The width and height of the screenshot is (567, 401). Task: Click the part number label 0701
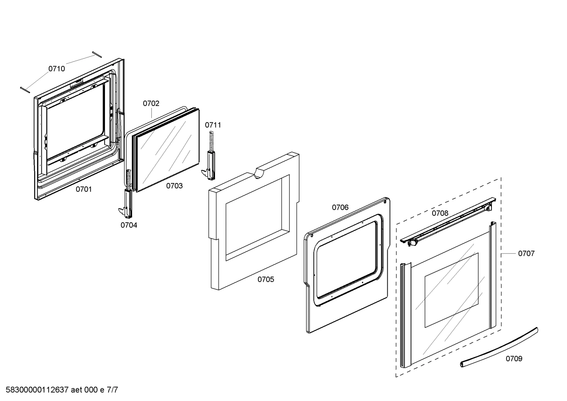tap(84, 189)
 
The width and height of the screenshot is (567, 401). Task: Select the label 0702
tap(151, 103)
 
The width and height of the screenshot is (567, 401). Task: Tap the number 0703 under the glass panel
tap(174, 186)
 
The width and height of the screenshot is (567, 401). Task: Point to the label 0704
tap(129, 225)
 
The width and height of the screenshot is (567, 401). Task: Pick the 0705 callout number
tap(266, 279)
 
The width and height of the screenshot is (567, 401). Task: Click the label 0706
tap(340, 207)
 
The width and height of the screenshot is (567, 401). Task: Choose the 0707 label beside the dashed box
tap(526, 253)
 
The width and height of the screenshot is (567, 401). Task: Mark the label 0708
tap(440, 213)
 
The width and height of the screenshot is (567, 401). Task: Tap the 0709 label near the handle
tap(514, 358)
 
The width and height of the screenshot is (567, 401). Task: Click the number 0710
tap(57, 69)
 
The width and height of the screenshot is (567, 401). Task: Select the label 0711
tap(213, 125)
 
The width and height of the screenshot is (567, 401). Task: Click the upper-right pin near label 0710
tap(97, 54)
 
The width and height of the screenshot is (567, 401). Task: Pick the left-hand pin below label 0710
tap(25, 89)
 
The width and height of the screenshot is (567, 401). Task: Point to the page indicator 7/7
tap(112, 390)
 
